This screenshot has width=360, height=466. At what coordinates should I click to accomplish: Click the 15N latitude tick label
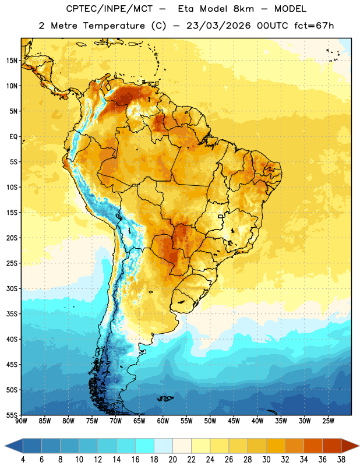(12, 61)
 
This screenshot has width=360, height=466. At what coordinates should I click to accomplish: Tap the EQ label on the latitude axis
(13, 137)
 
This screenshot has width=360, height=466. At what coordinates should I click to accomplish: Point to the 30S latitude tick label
(12, 288)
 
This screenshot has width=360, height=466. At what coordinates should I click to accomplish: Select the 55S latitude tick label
(12, 415)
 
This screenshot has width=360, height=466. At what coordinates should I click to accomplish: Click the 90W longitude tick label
(21, 421)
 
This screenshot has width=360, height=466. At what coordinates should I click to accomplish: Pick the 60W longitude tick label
(163, 421)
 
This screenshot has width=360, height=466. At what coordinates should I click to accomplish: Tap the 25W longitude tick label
(328, 421)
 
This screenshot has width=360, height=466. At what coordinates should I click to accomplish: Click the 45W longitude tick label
(234, 421)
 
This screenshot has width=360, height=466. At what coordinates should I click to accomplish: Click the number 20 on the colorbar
(172, 460)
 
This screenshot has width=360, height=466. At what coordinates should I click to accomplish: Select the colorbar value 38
(341, 460)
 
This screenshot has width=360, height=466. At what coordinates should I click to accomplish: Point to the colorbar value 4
(23, 460)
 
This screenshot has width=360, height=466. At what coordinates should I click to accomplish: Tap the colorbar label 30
(266, 460)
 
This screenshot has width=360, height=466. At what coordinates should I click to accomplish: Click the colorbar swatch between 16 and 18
(145, 446)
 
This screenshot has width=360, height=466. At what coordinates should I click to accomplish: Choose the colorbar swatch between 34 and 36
(313, 446)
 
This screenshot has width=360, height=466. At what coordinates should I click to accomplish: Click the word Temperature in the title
(114, 26)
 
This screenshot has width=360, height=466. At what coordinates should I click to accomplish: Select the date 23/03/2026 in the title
(218, 26)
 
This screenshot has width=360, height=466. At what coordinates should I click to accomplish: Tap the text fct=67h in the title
(314, 26)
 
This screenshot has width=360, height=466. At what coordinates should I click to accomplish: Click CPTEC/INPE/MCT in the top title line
(109, 9)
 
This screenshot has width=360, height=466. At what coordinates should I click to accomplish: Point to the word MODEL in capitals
(290, 9)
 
